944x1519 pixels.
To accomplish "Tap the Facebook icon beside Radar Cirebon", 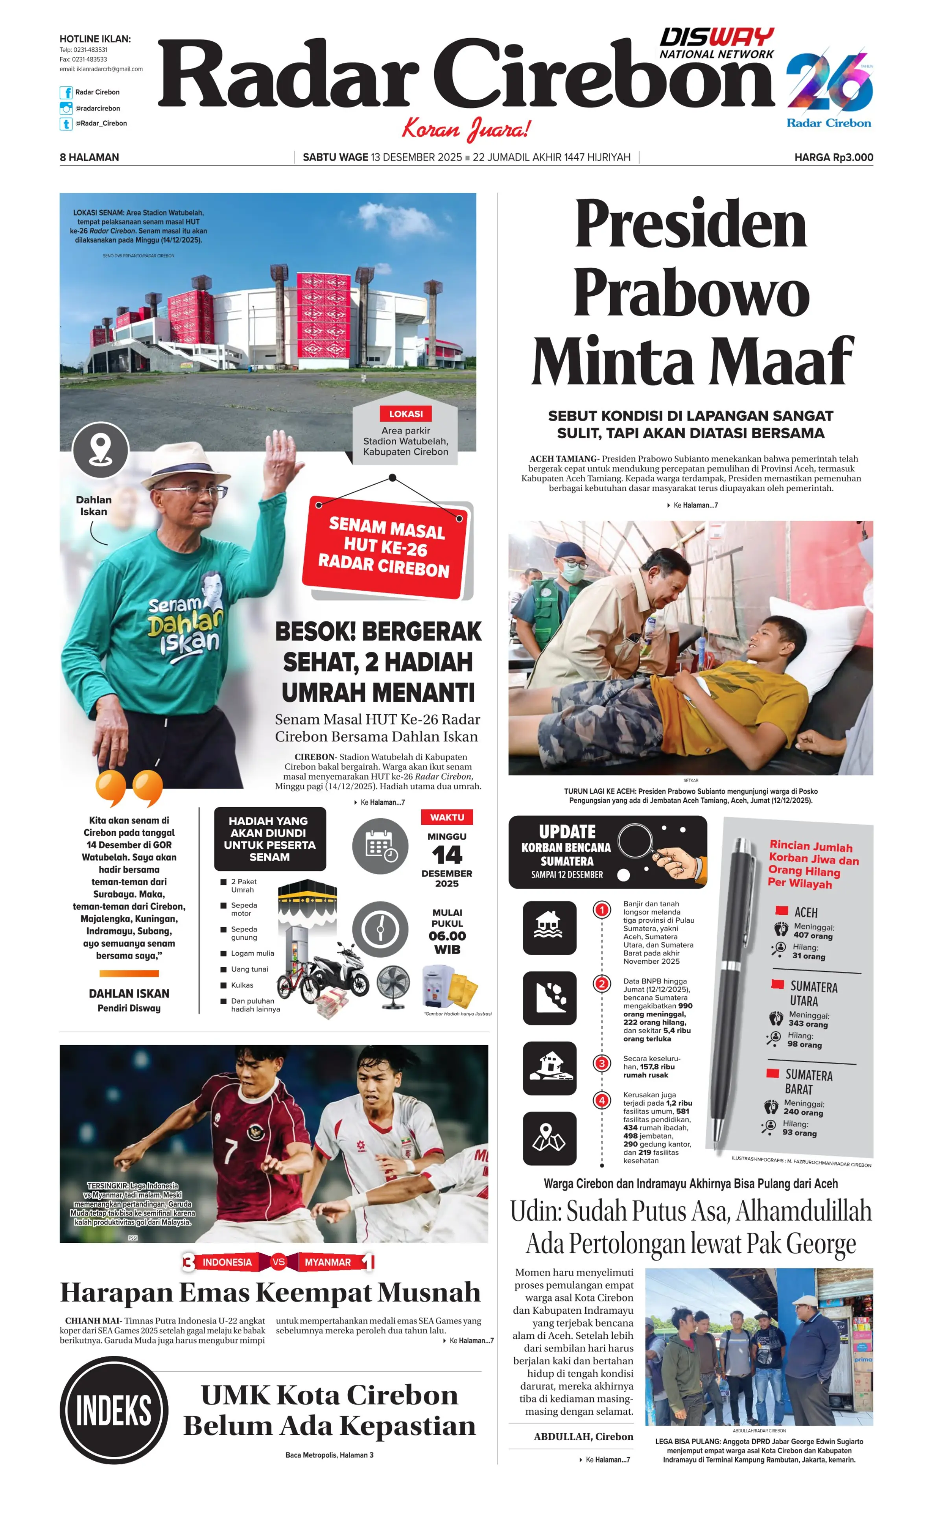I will [x=66, y=92].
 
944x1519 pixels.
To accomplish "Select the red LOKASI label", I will [x=406, y=413].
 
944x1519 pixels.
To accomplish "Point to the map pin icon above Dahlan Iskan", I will [x=101, y=450].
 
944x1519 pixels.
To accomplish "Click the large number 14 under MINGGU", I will [x=447, y=854].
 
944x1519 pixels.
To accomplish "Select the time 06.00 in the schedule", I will [x=447, y=936].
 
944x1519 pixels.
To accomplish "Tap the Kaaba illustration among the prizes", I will [x=307, y=900].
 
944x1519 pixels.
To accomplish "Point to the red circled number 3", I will [x=602, y=1063].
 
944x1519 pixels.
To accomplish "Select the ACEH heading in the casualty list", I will [x=806, y=912].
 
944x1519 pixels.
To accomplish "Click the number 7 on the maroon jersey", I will [x=231, y=1150].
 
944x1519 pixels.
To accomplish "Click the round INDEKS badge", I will [x=114, y=1410].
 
